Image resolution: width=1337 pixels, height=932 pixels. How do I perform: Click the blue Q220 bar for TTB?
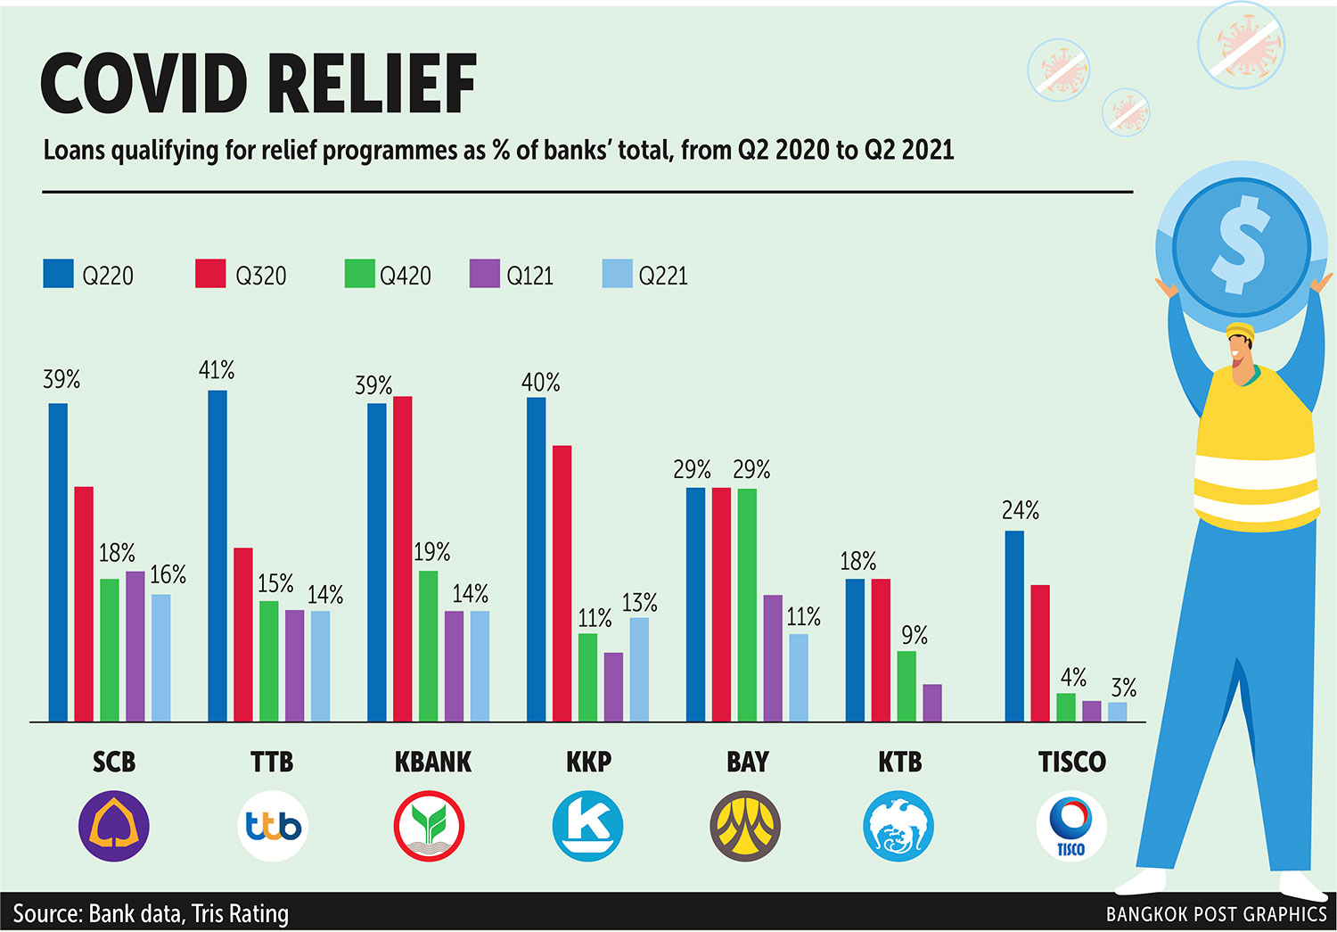coord(217,556)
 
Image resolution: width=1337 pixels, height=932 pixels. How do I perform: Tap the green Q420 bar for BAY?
coord(747,605)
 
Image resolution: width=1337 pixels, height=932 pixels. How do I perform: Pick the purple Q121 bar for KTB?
coord(932,703)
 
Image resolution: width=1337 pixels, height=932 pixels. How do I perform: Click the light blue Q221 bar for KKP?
coord(639,669)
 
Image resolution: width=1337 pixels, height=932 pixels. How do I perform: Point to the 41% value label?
coord(217,370)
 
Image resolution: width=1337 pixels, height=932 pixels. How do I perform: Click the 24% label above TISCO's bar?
coord(1020,510)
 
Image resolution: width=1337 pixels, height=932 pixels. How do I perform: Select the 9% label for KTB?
coord(914,635)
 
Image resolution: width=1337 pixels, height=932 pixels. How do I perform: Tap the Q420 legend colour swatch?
coord(359,274)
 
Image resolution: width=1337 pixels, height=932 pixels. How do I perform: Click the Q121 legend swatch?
coord(484,274)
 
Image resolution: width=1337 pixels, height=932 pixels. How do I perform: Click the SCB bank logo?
coord(114,826)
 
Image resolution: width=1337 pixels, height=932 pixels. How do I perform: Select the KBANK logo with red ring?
coord(429,826)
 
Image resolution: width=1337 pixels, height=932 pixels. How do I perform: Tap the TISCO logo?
coord(1070,826)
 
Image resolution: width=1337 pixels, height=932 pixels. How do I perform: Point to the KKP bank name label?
coord(588,762)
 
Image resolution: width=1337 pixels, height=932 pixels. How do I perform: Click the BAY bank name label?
coord(747,762)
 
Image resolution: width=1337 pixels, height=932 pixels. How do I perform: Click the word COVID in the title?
coord(143,84)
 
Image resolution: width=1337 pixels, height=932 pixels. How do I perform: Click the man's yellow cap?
coord(1240,332)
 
